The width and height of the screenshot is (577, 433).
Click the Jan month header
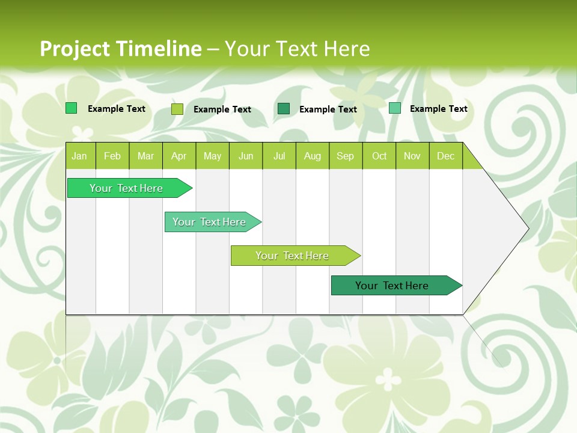pyautogui.click(x=79, y=156)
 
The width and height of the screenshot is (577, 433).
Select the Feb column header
pyautogui.click(x=112, y=156)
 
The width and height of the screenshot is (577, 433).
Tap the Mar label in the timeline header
pyautogui.click(x=145, y=156)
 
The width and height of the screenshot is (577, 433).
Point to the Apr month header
pyautogui.click(x=179, y=156)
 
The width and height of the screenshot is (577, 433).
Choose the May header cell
pyautogui.click(x=212, y=156)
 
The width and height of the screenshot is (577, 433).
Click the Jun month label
pyautogui.click(x=246, y=156)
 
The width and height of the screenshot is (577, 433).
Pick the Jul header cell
pyautogui.click(x=279, y=156)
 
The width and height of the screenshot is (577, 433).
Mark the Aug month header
pyautogui.click(x=312, y=156)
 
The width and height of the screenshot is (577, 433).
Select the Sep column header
pyautogui.click(x=345, y=156)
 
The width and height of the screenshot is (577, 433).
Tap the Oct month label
pyautogui.click(x=379, y=156)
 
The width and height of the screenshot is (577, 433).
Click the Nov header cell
pyautogui.click(x=412, y=156)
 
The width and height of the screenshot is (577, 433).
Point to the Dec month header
pyautogui.click(x=445, y=156)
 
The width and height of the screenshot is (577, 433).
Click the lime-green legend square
pyautogui.click(x=177, y=109)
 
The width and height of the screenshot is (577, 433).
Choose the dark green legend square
pyautogui.click(x=284, y=109)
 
